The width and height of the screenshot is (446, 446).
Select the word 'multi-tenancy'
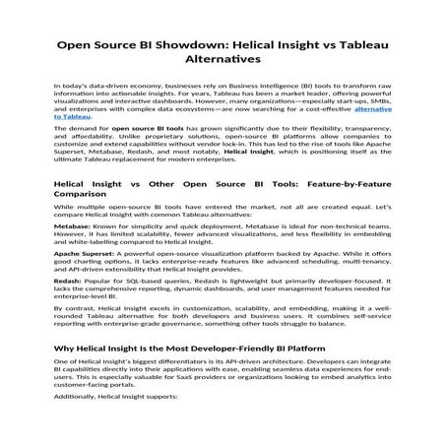(362, 277)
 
